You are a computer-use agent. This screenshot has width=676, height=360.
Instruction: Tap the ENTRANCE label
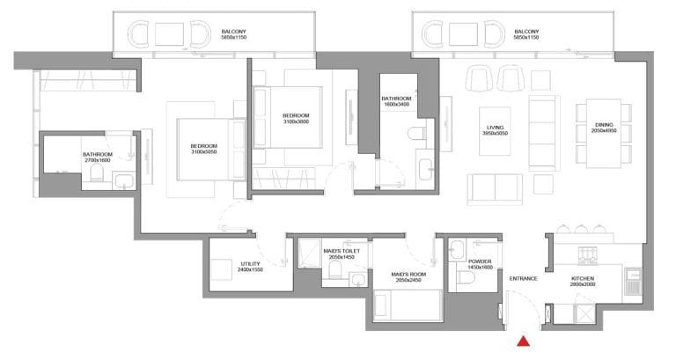[523, 279]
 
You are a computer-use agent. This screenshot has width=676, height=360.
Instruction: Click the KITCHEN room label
[583, 279]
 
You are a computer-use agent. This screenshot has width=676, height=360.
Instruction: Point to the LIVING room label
[495, 129]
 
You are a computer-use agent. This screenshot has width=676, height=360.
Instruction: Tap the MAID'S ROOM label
[409, 274]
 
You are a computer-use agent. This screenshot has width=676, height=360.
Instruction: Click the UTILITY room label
[250, 263]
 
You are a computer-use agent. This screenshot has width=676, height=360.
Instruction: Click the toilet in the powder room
[466, 279]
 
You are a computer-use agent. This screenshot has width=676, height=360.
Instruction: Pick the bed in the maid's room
[408, 307]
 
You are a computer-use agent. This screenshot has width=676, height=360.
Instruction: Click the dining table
[604, 132]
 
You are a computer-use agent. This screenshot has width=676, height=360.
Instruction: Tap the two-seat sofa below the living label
[494, 187]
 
